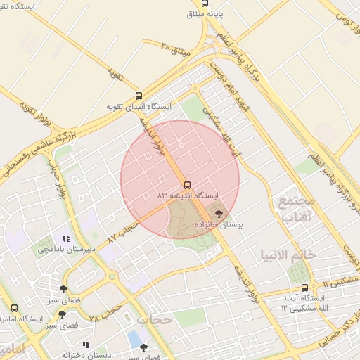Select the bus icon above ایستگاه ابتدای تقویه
[x=139, y=96]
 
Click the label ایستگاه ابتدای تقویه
[x=139, y=107]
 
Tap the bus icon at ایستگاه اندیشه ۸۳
[x=186, y=184]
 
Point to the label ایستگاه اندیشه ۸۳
[x=188, y=194]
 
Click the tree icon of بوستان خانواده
[x=220, y=212]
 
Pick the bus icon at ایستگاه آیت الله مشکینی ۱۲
[x=304, y=288]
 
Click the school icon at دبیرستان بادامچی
[x=67, y=238]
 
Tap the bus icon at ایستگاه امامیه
[x=15, y=309]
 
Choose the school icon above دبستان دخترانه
[x=86, y=345]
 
